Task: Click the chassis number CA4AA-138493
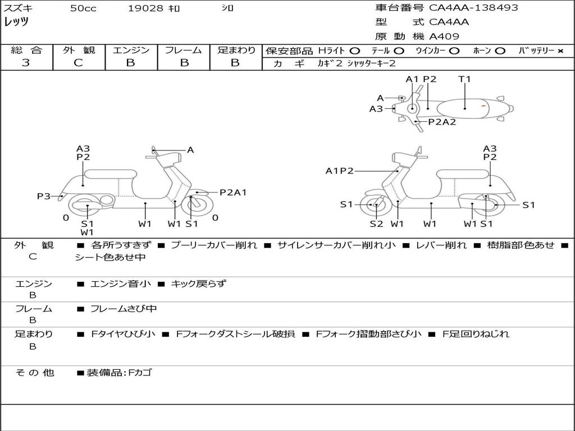tap(473, 8)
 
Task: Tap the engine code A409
tap(444, 36)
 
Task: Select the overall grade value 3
tap(26, 63)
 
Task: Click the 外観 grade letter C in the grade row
tap(78, 63)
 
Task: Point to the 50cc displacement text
tap(83, 8)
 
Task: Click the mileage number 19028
tap(145, 8)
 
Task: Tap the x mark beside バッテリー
tap(560, 51)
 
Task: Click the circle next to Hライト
tap(355, 51)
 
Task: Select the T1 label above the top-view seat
tap(464, 79)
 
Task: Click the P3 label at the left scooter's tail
tap(44, 196)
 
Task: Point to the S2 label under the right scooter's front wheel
tap(376, 223)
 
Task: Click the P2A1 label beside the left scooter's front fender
tap(233, 192)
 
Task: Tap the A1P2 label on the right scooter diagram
tap(339, 171)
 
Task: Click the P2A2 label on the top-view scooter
tap(442, 122)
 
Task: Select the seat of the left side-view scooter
tap(111, 174)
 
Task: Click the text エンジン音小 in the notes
tap(120, 283)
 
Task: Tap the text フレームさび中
tap(124, 309)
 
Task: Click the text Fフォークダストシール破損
tap(235, 334)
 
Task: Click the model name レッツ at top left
tap(16, 22)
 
